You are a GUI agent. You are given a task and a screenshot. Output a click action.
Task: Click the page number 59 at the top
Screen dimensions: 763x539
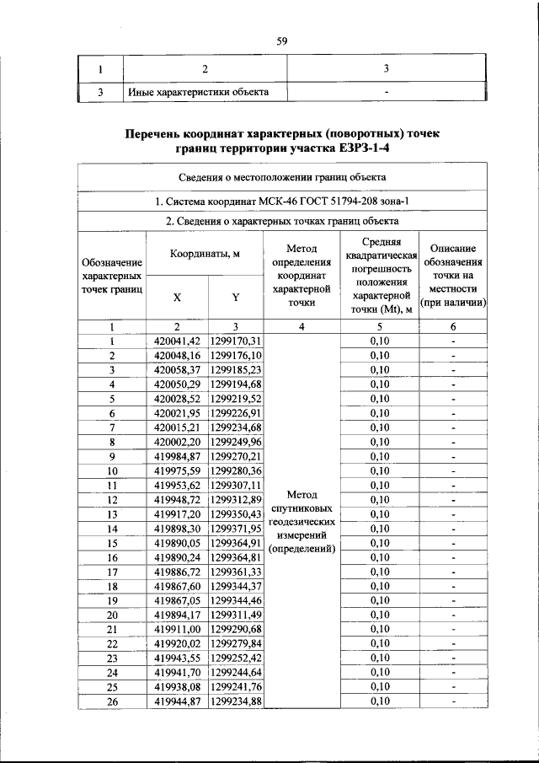tap(282, 39)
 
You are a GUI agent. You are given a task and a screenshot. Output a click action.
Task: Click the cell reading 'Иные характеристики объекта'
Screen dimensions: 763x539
tap(198, 91)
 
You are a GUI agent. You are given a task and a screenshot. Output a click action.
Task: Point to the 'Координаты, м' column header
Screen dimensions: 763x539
tap(205, 254)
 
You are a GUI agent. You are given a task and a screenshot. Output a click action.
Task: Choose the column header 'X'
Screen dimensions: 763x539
tap(177, 297)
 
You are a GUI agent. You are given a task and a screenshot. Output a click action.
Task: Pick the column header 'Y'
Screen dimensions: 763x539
tap(236, 297)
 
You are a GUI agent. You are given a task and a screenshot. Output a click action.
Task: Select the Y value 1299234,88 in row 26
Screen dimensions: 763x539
tap(236, 700)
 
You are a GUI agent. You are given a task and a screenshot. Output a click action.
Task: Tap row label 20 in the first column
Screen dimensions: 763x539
tap(111, 614)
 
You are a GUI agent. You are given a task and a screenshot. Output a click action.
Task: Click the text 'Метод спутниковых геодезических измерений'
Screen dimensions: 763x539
tap(302, 521)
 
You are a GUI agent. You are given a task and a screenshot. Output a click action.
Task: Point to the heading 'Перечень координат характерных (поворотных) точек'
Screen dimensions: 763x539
tap(282, 133)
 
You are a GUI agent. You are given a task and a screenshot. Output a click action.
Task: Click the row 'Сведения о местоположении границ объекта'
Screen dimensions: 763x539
tap(282, 177)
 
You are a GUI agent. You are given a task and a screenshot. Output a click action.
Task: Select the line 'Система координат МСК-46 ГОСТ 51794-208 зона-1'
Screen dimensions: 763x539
tap(282, 200)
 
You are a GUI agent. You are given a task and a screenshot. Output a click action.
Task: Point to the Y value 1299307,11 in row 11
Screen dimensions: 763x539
tap(236, 485)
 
